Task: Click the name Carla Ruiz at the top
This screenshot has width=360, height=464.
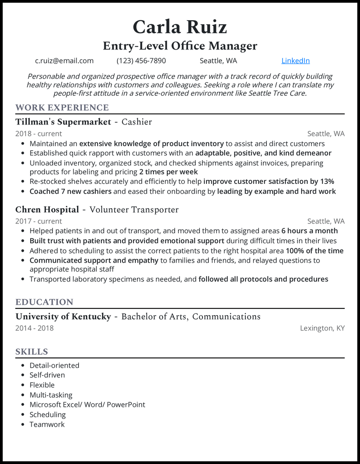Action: (x=180, y=27)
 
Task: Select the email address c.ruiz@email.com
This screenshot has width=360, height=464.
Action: (x=64, y=61)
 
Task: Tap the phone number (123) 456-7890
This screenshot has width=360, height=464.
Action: (x=141, y=61)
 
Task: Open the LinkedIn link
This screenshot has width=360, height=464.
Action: (x=295, y=61)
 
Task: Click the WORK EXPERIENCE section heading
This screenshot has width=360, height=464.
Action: (x=62, y=107)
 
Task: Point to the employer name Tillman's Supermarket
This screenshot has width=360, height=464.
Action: (x=63, y=122)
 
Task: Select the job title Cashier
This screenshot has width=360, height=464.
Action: (x=137, y=122)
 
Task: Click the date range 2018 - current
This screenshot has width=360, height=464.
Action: (x=39, y=134)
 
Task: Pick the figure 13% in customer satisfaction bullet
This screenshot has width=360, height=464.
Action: (x=325, y=182)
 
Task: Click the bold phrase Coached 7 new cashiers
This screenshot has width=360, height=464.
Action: (x=70, y=192)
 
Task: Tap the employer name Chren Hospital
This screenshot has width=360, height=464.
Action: (x=47, y=210)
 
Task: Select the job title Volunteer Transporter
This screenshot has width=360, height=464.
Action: (x=134, y=210)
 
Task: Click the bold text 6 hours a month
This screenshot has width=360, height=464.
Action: (x=310, y=231)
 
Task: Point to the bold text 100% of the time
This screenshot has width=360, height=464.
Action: (x=315, y=251)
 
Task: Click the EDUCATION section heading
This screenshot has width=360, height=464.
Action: (x=44, y=302)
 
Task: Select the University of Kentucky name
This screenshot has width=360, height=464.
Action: (x=63, y=317)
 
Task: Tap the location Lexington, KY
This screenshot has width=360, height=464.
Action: (x=322, y=328)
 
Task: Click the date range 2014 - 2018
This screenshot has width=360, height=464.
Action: (x=34, y=328)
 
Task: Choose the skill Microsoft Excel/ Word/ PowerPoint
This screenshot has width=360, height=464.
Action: (x=87, y=405)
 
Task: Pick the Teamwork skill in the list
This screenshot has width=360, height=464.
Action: (x=47, y=424)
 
